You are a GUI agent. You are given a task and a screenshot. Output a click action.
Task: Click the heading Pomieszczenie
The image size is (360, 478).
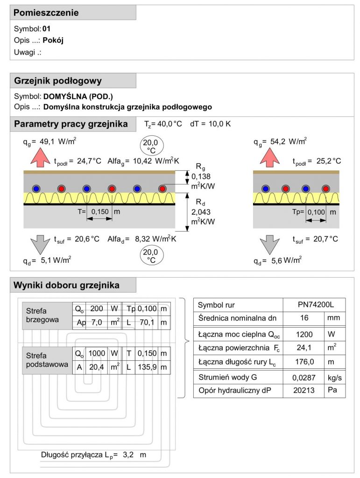(x=46, y=13)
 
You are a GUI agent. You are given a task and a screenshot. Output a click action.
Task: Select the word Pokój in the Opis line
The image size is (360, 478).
(x=53, y=40)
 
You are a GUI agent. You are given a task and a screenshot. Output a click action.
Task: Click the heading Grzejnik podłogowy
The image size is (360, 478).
(x=58, y=81)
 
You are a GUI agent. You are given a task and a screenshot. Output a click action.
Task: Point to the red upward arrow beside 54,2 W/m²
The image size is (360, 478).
(x=269, y=157)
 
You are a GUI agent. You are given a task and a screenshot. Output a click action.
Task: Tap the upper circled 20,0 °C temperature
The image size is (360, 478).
(x=151, y=146)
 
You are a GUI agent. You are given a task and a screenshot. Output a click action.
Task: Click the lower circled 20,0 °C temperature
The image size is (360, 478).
(x=151, y=256)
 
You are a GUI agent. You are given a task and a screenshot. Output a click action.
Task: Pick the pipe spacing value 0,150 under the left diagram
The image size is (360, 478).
(x=99, y=211)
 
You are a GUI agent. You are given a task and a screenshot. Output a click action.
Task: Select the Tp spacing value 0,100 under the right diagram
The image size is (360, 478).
(x=316, y=212)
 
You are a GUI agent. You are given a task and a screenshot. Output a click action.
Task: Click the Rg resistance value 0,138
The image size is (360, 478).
(x=201, y=176)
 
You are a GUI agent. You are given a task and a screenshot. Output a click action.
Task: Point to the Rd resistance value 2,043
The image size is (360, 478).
(x=201, y=212)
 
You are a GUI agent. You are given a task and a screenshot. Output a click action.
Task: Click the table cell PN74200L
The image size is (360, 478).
(x=316, y=304)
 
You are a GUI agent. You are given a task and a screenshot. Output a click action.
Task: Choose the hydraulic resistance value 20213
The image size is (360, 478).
(x=304, y=390)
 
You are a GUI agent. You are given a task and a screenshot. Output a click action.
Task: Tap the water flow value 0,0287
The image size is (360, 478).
(x=304, y=378)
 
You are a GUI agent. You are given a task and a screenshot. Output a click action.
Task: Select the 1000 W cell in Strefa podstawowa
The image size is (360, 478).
(x=97, y=353)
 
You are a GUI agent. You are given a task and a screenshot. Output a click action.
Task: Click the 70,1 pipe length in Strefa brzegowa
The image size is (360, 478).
(x=147, y=322)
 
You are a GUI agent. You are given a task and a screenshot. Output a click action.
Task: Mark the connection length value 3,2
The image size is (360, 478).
(x=128, y=455)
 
